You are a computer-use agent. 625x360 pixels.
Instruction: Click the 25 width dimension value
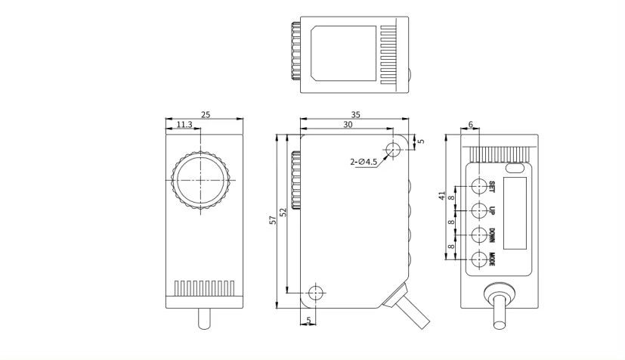pyautogui.click(x=206, y=115)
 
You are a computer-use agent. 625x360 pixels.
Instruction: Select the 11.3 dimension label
pyautogui.click(x=184, y=125)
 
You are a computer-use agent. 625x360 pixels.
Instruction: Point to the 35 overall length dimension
pyautogui.click(x=356, y=115)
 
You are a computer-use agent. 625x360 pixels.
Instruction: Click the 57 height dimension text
pyautogui.click(x=274, y=221)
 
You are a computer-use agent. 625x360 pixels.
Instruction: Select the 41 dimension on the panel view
pyautogui.click(x=442, y=195)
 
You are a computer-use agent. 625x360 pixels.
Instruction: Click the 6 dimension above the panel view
pyautogui.click(x=471, y=125)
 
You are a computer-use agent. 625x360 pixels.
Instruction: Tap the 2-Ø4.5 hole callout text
pyautogui.click(x=364, y=162)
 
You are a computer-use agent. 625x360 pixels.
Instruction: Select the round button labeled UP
pyautogui.click(x=479, y=209)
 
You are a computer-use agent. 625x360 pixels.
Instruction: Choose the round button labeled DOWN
pyautogui.click(x=479, y=234)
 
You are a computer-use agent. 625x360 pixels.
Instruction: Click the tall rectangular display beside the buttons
pyautogui.click(x=515, y=213)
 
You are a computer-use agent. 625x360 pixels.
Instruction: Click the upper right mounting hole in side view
pyautogui.click(x=392, y=148)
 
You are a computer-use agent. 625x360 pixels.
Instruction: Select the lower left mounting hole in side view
pyautogui.click(x=316, y=293)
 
